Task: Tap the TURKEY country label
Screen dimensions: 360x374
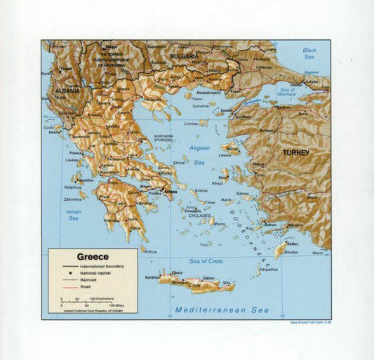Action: (295, 152)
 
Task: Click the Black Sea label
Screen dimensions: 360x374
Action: (309, 53)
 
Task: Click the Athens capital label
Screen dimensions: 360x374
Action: (171, 191)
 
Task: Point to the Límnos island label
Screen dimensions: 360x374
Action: (190, 124)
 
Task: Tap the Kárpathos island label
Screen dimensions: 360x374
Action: (268, 269)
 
